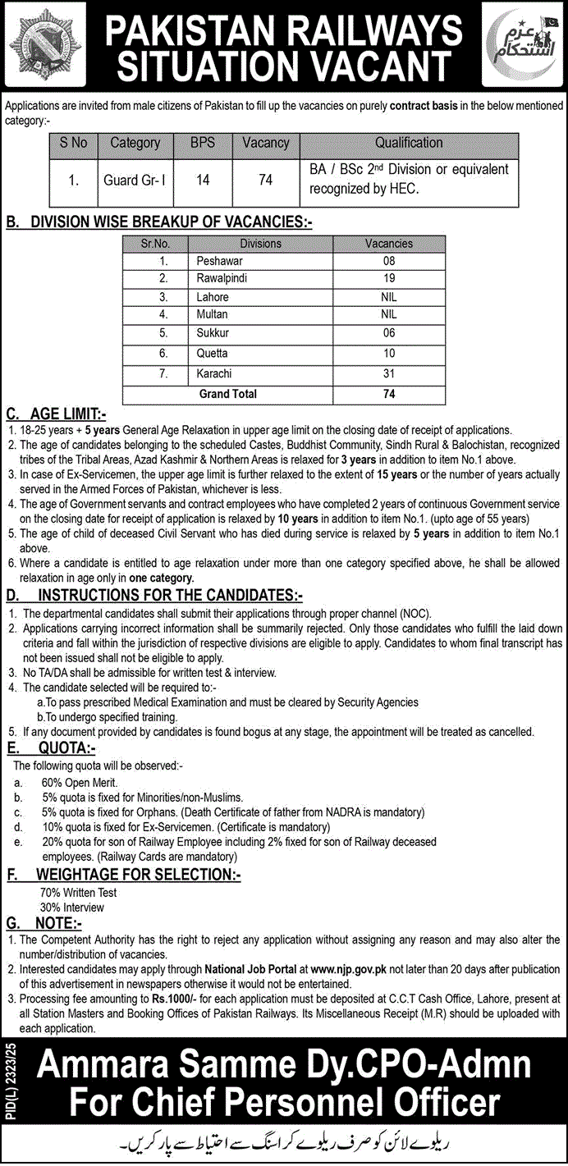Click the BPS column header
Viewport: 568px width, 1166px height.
pos(202,143)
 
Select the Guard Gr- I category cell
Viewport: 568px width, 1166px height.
pos(135,179)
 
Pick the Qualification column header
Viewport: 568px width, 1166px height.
pos(409,143)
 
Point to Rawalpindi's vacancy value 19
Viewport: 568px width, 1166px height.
pos(389,278)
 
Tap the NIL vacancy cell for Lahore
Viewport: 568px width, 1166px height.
pos(389,297)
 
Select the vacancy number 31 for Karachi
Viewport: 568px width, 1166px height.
pos(389,373)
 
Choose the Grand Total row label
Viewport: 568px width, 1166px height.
pos(227,394)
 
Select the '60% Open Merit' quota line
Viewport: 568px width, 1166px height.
pos(80,782)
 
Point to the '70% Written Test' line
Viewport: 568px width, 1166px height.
pos(78,892)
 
